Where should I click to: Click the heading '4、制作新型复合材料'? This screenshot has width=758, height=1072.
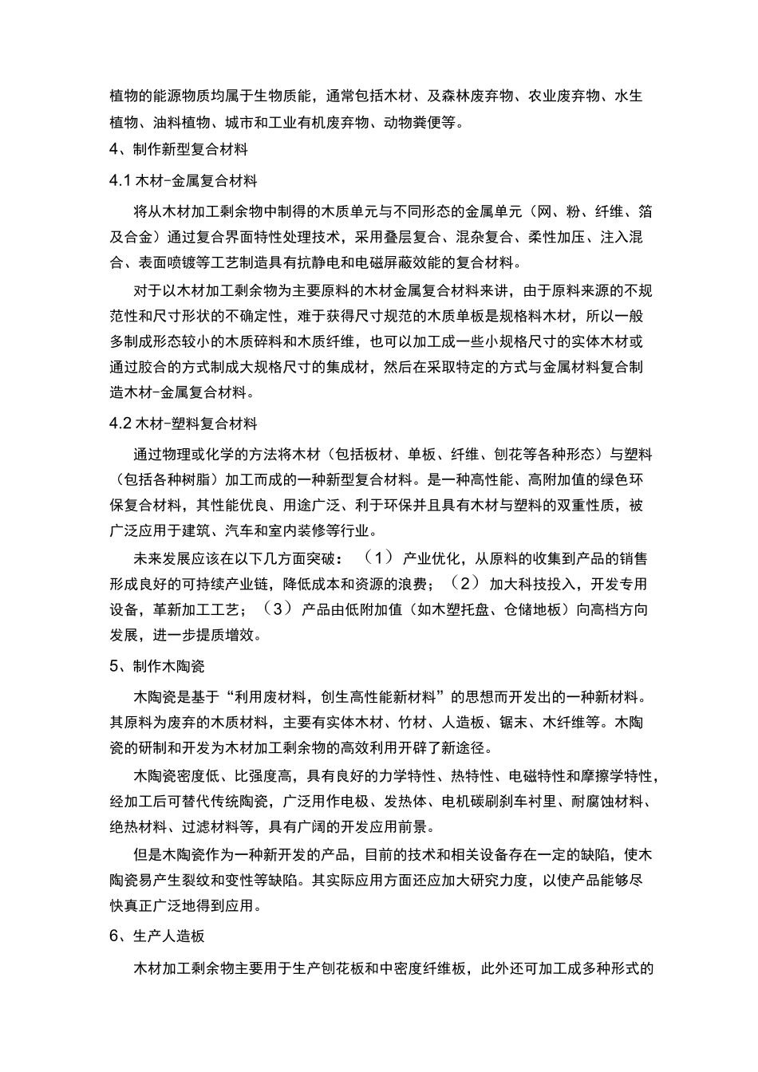179,149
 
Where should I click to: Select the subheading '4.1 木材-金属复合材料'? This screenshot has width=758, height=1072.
184,180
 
